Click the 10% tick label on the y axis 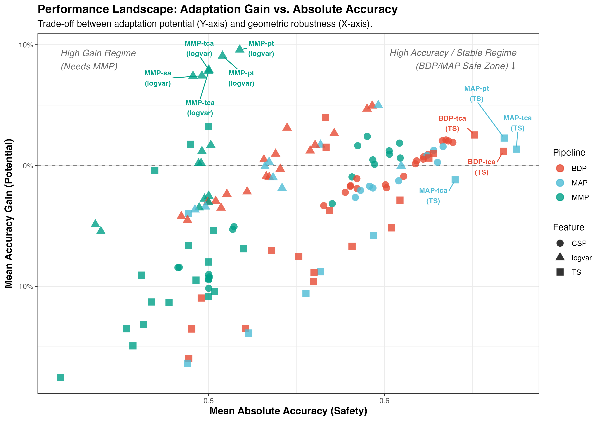26,45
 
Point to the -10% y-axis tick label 25,287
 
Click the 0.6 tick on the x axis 384,401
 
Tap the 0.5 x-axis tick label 208,401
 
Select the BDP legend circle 560,168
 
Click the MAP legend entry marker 560,183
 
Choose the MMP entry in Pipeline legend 560,197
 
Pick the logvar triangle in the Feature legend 560,257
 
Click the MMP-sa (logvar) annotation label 158,78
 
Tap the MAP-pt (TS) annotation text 476,94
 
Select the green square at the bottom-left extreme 60,377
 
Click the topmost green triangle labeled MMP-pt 240,49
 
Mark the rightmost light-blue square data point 516,149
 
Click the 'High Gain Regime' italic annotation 98,53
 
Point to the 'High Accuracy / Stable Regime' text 453,53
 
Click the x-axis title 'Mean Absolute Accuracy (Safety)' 288,411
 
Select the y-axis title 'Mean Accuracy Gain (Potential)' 9,214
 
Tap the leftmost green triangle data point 95,224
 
